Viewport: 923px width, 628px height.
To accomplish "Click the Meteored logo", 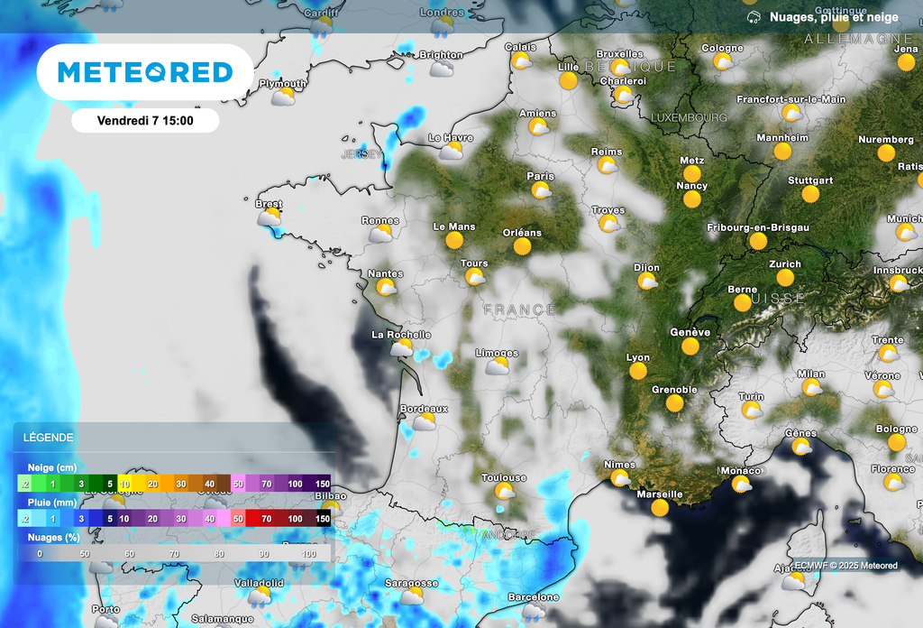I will (145, 72).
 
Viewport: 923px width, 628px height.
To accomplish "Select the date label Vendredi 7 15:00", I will (145, 120).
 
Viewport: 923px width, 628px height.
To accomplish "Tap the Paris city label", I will (541, 176).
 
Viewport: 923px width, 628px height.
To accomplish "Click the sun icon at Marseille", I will (660, 508).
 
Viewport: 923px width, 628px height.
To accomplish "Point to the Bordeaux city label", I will (424, 409).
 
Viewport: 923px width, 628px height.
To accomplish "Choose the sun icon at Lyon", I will (638, 372).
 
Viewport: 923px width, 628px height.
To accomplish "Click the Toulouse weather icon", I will (505, 492).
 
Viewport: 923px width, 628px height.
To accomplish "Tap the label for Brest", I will (269, 204).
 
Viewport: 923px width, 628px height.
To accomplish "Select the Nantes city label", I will (386, 273).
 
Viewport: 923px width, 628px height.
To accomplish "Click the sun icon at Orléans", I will (521, 246).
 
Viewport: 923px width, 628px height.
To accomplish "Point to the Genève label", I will (690, 332).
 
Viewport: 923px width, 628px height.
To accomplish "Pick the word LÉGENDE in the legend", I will (50, 438).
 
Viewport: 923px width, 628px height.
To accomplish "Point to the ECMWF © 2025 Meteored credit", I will (845, 566).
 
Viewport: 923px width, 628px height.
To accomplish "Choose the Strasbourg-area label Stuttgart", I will (810, 180).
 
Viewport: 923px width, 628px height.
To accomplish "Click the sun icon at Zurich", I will (783, 279).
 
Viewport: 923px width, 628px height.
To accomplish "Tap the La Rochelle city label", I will (401, 335).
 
